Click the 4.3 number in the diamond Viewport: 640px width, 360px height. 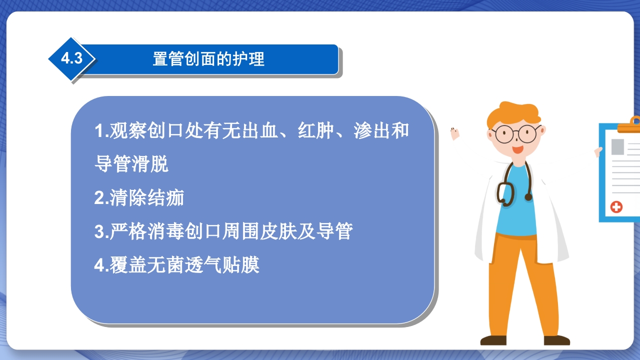[71, 58]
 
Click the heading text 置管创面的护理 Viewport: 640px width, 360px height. [208, 59]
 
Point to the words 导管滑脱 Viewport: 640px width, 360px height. [131, 164]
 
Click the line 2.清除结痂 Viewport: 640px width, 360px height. [139, 198]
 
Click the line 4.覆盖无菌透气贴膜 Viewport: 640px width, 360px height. [176, 265]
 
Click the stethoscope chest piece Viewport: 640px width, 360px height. [528, 196]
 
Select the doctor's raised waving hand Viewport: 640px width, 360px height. [454, 133]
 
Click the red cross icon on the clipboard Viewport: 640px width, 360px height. [616, 206]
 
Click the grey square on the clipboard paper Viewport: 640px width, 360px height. [617, 146]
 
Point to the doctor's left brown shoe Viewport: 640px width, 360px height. [493, 340]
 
